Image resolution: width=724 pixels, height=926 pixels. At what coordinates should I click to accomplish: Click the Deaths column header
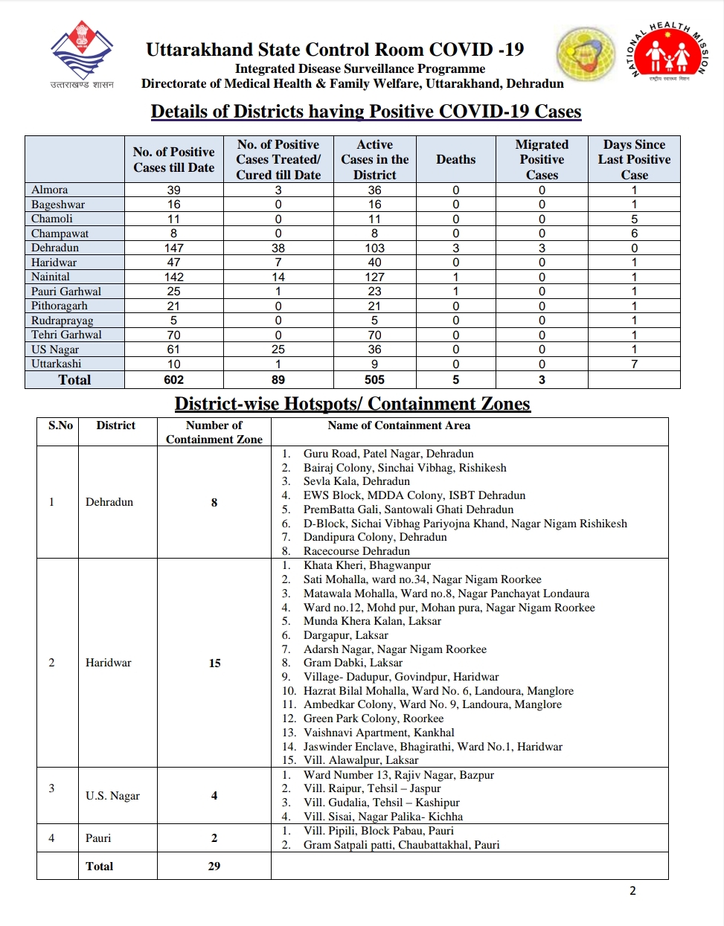[x=455, y=159]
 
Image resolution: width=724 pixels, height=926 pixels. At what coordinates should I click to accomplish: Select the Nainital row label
[x=51, y=277]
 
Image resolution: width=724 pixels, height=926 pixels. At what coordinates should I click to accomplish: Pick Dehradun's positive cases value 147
[x=173, y=248]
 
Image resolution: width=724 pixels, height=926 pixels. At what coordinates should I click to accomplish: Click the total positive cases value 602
[x=173, y=379]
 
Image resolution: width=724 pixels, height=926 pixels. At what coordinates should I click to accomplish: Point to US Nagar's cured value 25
[x=278, y=349]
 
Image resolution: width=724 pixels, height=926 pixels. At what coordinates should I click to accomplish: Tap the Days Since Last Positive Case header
[x=634, y=159]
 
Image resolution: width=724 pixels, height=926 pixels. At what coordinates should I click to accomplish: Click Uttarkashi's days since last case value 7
[x=634, y=364]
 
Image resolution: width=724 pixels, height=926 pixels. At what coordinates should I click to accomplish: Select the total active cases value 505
[x=374, y=379]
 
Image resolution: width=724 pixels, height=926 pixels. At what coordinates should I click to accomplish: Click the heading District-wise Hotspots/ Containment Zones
[x=352, y=404]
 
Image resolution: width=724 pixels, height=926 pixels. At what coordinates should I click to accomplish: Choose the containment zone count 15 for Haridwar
[x=214, y=663]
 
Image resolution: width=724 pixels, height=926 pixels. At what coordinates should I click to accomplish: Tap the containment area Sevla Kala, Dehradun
[x=356, y=481]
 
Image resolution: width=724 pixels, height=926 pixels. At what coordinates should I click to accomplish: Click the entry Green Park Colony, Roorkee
[x=373, y=718]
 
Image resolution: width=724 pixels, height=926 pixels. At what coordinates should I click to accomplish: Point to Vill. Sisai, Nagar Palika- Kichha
[x=382, y=817]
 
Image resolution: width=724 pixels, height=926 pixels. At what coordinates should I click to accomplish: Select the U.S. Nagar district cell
[x=112, y=796]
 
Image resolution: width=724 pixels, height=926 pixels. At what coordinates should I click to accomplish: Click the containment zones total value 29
[x=214, y=866]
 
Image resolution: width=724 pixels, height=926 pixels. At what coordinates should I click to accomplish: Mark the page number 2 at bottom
[x=632, y=891]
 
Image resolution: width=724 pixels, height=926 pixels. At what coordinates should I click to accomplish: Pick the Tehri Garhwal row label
[x=66, y=335]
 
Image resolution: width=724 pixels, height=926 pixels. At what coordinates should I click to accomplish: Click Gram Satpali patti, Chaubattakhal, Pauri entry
[x=401, y=845]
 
